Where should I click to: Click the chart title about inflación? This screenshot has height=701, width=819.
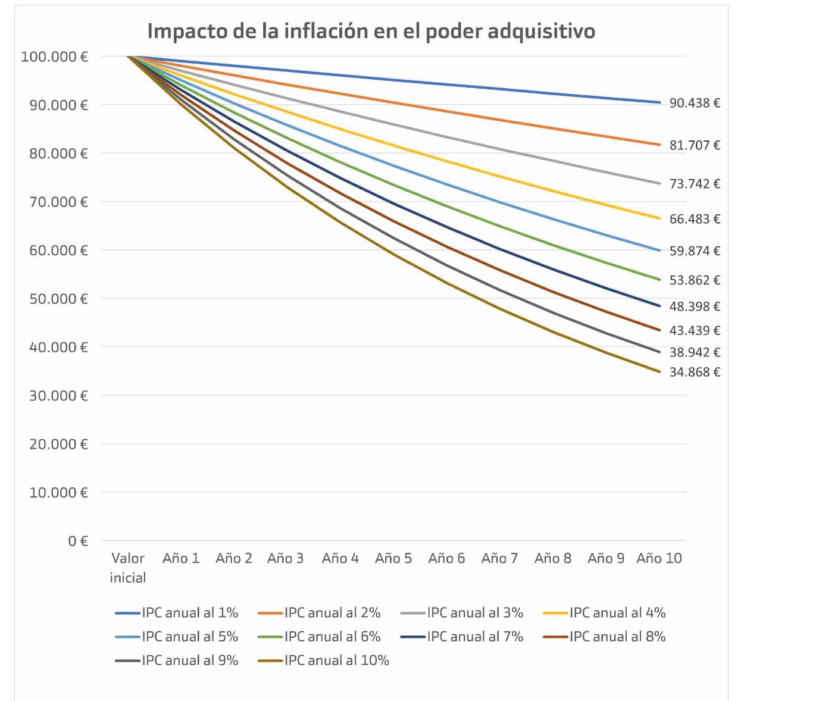(371, 31)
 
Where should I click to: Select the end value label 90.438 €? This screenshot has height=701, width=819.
(695, 103)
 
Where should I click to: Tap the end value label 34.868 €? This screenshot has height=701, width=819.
(695, 372)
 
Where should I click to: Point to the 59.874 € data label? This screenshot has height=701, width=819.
(695, 251)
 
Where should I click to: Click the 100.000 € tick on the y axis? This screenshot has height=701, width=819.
(55, 57)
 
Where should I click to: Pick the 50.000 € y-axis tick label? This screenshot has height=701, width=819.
(58, 299)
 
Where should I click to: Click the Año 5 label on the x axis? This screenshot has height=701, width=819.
(393, 558)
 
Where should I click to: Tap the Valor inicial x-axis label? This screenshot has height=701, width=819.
(128, 568)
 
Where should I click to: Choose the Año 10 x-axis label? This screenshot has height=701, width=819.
(659, 558)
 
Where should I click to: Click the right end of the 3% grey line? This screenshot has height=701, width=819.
(659, 183)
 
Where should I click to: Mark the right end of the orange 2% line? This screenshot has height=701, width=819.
(659, 145)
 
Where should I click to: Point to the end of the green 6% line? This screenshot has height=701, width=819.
(659, 280)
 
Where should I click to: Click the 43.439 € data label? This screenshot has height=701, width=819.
(695, 330)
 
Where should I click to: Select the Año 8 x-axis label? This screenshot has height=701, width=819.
(553, 558)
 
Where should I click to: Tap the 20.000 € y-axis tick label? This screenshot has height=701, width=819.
(58, 444)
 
